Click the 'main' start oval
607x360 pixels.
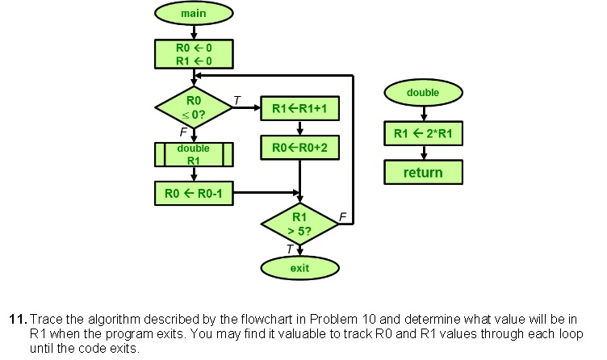click(x=194, y=14)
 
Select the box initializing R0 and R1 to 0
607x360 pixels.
click(x=194, y=53)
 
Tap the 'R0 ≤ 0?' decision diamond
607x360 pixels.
click(x=194, y=107)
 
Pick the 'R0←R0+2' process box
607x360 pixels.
click(x=299, y=148)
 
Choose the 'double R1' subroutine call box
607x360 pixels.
click(x=194, y=154)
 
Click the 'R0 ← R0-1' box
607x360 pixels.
click(x=194, y=193)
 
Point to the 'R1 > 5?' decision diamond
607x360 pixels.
click(x=299, y=223)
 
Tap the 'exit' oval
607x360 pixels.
click(x=299, y=267)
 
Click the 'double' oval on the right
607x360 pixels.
click(x=423, y=93)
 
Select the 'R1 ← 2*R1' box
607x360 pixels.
click(x=423, y=133)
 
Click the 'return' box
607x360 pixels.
click(x=423, y=172)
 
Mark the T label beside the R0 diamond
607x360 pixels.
click(x=237, y=98)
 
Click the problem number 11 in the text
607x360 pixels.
click(x=16, y=319)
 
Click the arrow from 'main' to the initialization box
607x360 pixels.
click(x=194, y=31)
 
